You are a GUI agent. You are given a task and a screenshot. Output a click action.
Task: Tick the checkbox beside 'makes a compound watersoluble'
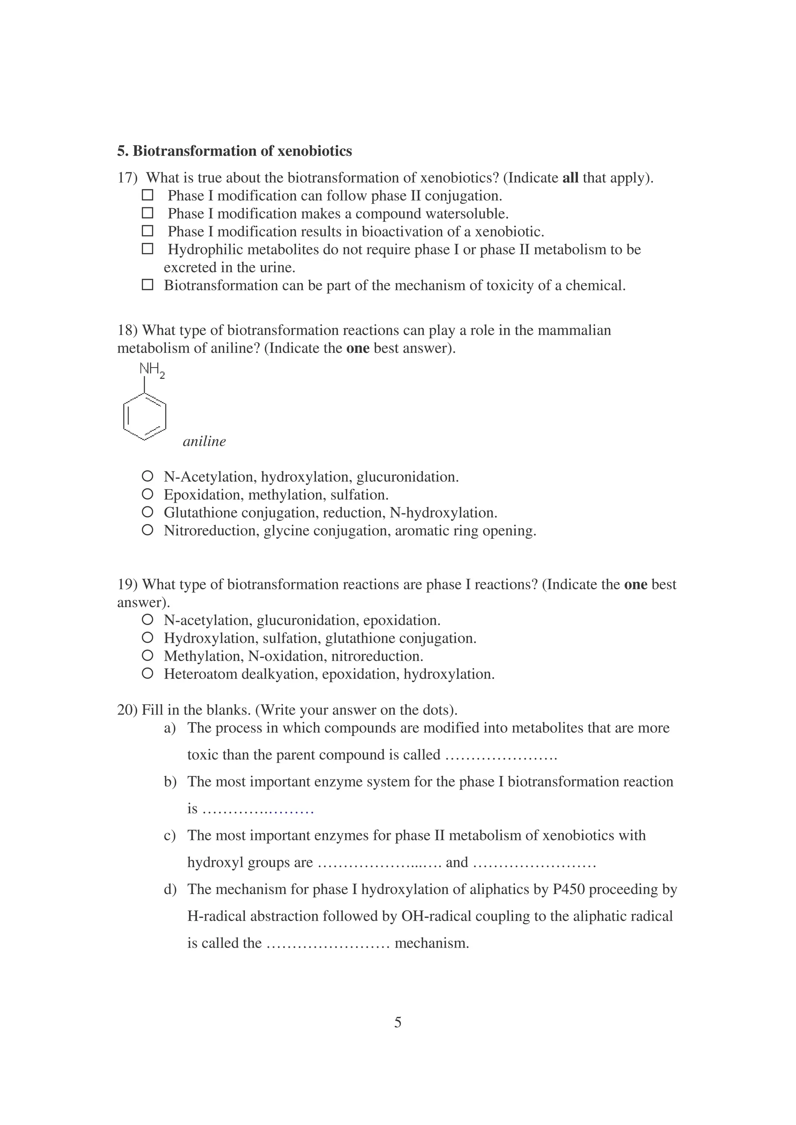coord(147,213)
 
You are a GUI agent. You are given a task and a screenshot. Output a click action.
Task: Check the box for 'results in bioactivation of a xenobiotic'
coord(147,231)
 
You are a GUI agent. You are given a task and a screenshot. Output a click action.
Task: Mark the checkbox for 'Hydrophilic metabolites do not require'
coord(147,249)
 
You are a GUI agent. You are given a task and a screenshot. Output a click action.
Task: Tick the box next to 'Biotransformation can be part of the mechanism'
coord(147,285)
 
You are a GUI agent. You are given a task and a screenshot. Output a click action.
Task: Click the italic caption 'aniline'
coord(204,441)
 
